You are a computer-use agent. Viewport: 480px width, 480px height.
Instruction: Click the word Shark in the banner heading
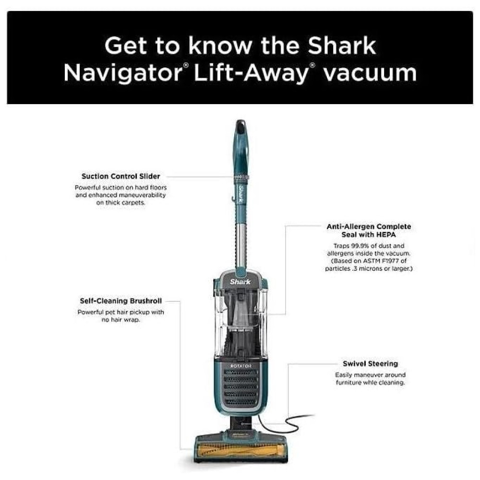[342, 46]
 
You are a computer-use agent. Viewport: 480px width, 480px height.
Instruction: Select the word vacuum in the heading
[370, 73]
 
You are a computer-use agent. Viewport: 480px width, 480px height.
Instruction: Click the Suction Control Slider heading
[121, 176]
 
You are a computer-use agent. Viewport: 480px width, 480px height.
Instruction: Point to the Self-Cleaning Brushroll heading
[121, 301]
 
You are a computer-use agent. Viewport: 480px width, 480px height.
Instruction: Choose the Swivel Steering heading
[371, 364]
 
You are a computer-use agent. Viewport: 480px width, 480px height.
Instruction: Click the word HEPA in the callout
[386, 235]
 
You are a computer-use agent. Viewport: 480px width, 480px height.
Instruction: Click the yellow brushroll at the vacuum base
[240, 450]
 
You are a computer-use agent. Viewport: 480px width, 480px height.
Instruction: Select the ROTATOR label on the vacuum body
[241, 366]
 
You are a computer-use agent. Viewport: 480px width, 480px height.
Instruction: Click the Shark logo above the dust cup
[240, 282]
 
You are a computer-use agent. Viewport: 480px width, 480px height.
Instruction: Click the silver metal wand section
[241, 245]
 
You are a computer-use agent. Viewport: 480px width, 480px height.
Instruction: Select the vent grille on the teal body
[240, 387]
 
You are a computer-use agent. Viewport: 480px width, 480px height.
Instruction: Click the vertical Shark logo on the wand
[241, 194]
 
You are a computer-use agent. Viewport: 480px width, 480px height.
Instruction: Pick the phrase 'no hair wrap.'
[120, 320]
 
